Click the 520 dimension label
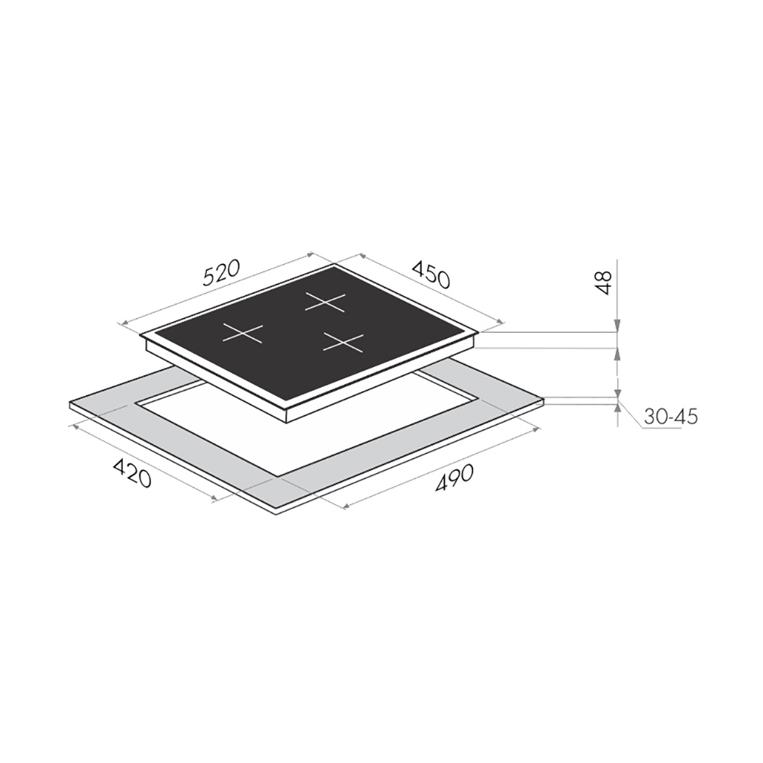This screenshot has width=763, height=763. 221,275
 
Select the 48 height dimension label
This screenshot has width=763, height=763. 604,283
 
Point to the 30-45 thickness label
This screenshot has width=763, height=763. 671,417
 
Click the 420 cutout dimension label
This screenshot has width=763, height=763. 132,473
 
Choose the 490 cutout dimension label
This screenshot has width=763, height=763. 455,478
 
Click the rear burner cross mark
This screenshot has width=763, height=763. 325,302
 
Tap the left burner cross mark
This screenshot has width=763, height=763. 243,333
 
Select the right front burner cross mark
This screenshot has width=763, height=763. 343,343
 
